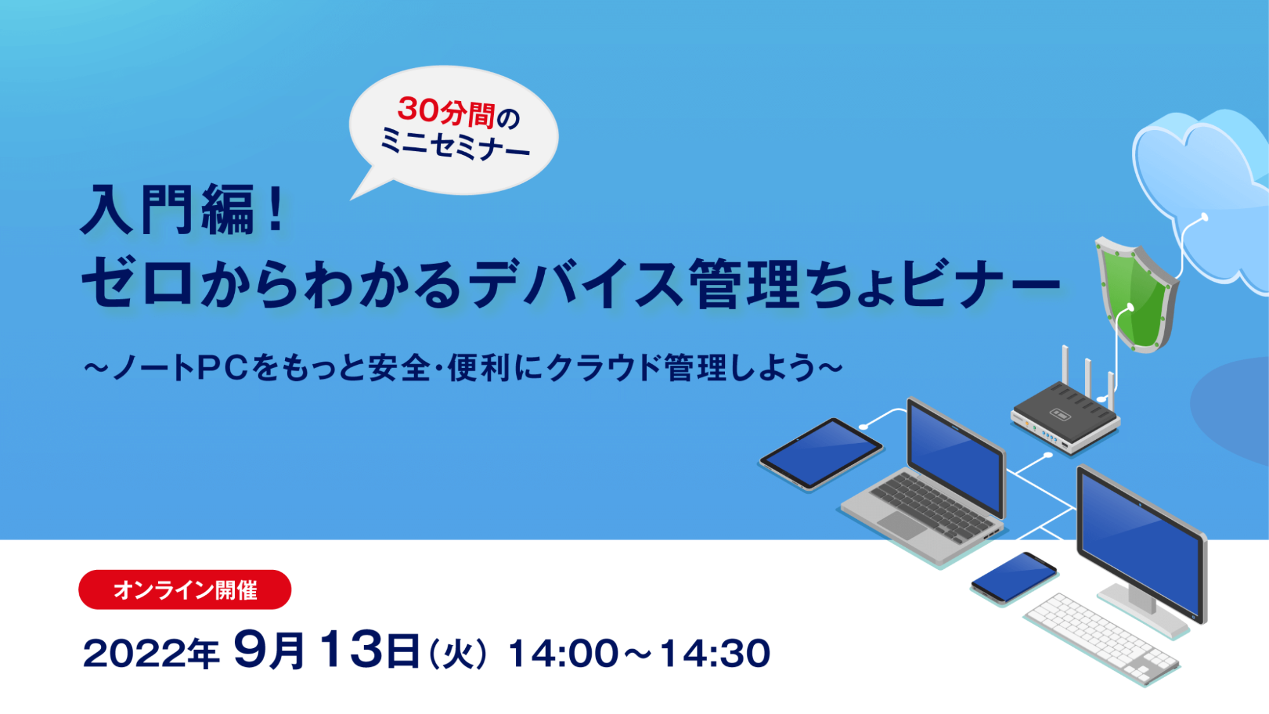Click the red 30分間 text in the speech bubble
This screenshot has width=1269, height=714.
(446, 112)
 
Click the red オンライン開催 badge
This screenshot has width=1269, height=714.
(185, 590)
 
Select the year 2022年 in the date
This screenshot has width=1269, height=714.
(151, 653)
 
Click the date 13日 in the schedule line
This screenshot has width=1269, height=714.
(369, 650)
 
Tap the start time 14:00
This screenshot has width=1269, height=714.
(563, 654)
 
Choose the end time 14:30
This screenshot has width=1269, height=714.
(715, 654)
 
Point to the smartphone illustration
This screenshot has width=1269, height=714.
(1013, 577)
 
